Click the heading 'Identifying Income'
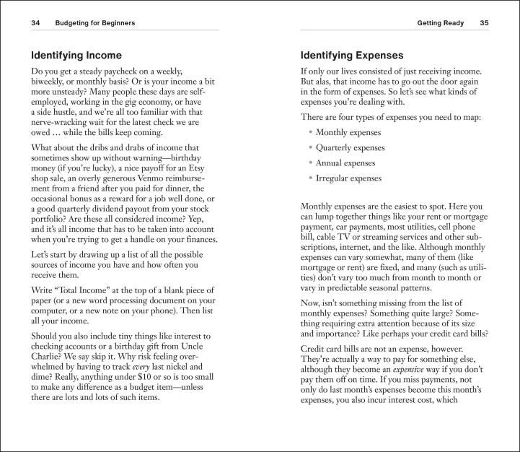click(x=76, y=56)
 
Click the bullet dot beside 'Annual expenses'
click(x=311, y=163)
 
